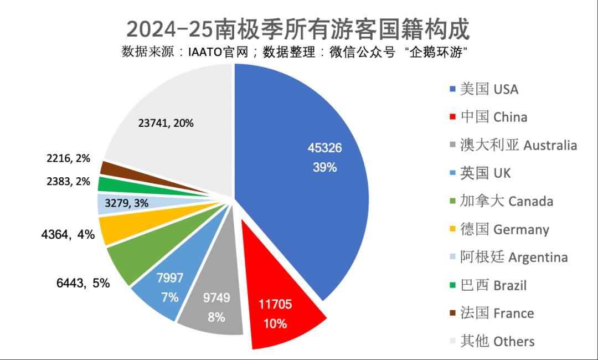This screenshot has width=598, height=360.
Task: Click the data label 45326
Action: pyautogui.click(x=324, y=148)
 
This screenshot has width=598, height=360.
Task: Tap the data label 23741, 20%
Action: pyautogui.click(x=166, y=124)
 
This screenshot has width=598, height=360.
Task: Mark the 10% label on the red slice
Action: pyautogui.click(x=275, y=323)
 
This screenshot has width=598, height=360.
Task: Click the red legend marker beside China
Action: pyautogui.click(x=453, y=117)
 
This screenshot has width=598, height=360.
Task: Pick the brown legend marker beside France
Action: pyautogui.click(x=453, y=313)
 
